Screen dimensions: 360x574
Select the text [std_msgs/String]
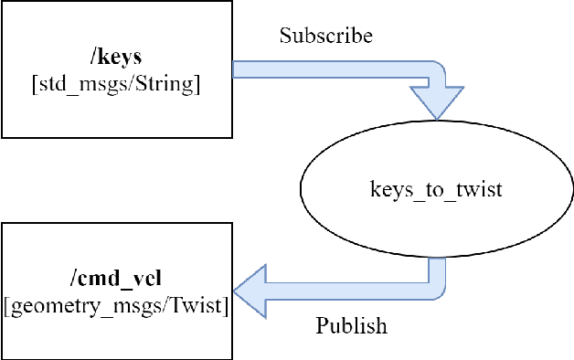(116, 85)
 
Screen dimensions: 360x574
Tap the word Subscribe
(326, 37)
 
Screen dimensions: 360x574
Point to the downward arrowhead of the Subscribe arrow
(436, 101)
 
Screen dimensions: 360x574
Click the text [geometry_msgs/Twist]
(116, 306)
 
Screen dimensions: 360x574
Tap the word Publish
(351, 326)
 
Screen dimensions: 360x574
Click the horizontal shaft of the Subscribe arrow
(329, 69)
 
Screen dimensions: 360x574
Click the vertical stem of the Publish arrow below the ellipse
(436, 270)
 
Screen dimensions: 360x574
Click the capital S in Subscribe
(285, 37)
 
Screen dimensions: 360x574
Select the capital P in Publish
(321, 326)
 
